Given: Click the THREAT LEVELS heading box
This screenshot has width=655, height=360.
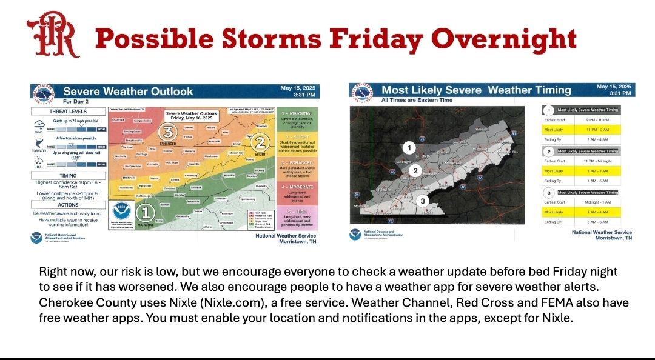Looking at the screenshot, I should point(67,112).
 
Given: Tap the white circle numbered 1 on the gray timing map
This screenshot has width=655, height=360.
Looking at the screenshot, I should point(409,147).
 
